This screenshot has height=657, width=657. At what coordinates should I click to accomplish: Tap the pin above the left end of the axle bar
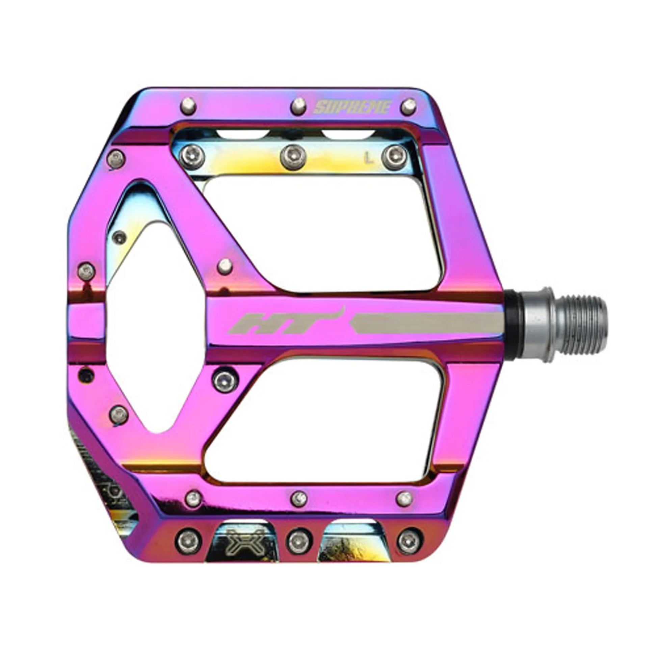[x=225, y=265]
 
